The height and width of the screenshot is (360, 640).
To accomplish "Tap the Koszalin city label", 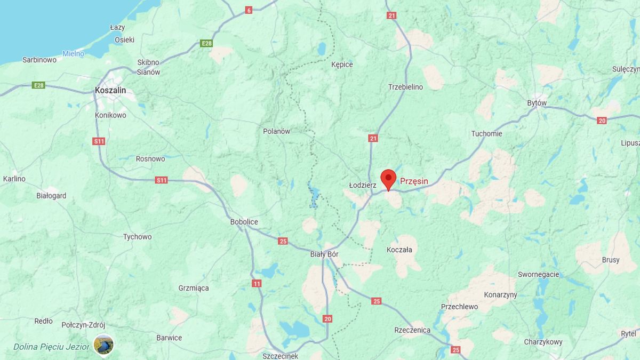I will pyautogui.click(x=110, y=90).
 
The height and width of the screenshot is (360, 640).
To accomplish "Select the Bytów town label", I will pyautogui.click(x=537, y=102).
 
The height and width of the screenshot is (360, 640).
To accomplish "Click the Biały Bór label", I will pyautogui.click(x=324, y=254).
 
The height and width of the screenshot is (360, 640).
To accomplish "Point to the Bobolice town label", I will pyautogui.click(x=244, y=222).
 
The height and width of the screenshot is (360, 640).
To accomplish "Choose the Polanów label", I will pyautogui.click(x=276, y=131).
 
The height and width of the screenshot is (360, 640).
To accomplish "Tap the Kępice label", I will pyautogui.click(x=341, y=65).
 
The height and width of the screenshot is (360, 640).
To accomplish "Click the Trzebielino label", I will pyautogui.click(x=405, y=87).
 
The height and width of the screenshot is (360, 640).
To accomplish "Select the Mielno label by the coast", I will pyautogui.click(x=73, y=53).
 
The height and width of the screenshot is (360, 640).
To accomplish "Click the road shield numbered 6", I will pyautogui.click(x=249, y=10).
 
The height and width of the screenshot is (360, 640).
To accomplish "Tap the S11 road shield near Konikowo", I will pyautogui.click(x=99, y=141).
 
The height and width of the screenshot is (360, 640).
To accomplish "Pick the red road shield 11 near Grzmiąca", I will pyautogui.click(x=257, y=283).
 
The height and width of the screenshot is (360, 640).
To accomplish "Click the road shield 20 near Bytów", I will pyautogui.click(x=602, y=121).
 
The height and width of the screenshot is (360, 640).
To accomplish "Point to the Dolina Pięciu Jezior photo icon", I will pyautogui.click(x=103, y=345).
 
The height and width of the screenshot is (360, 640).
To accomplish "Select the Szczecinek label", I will pyautogui.click(x=281, y=356).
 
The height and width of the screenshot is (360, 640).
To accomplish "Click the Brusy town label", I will pyautogui.click(x=610, y=260).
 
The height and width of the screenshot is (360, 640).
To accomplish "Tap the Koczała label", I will pyautogui.click(x=399, y=250).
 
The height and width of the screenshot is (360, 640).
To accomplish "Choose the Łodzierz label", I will pyautogui.click(x=363, y=185).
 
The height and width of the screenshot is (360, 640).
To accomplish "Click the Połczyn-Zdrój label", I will pyautogui.click(x=83, y=325).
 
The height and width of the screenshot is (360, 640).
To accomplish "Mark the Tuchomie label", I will pyautogui.click(x=486, y=133).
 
